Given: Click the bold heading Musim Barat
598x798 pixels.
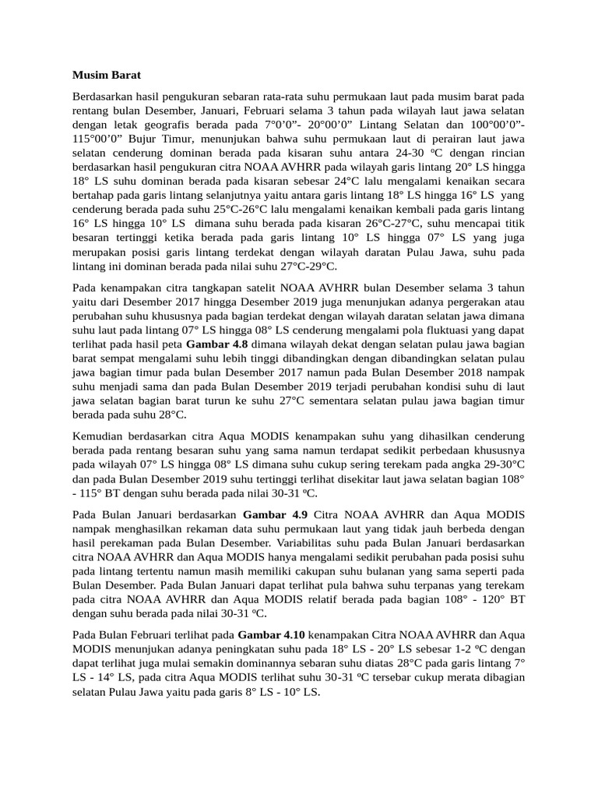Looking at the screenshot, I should pyautogui.click(x=106, y=76).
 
